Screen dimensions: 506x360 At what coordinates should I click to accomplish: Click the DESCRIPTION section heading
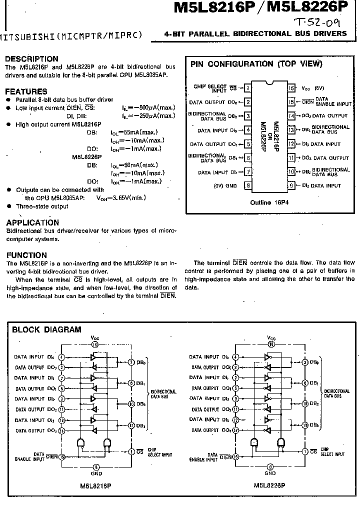[31, 59]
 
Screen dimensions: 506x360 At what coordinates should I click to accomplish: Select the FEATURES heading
[26, 91]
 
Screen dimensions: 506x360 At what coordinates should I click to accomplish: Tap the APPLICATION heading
[32, 222]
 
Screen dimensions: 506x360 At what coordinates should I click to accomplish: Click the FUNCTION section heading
[27, 255]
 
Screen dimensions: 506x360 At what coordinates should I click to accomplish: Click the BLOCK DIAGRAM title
[46, 329]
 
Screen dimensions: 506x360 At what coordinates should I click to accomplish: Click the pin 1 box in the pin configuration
[247, 88]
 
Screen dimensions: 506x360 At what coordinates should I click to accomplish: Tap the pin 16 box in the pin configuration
[291, 88]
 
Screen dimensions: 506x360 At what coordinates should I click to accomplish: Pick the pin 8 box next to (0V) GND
[247, 185]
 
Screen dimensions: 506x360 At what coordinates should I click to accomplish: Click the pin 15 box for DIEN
[291, 102]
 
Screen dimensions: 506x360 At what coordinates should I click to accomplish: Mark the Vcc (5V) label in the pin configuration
[313, 88]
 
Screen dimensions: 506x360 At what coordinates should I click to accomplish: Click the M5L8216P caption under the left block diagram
[95, 485]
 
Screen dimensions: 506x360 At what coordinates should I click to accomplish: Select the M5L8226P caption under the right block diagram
[269, 485]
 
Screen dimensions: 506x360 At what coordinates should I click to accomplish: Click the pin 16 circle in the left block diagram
[95, 344]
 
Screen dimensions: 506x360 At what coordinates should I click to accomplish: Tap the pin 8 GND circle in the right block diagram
[269, 466]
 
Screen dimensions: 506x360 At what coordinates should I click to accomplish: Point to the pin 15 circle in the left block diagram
[62, 456]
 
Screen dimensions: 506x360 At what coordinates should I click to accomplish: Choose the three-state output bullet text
[42, 206]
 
